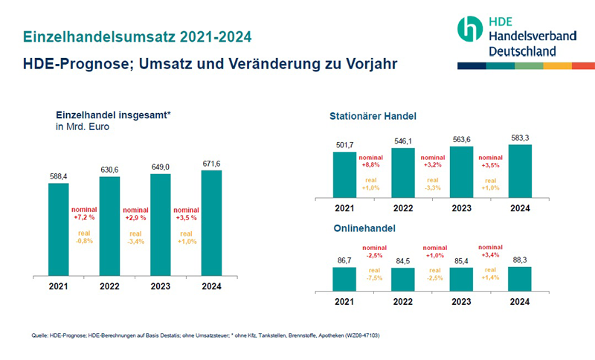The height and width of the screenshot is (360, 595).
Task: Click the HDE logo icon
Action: [471, 29]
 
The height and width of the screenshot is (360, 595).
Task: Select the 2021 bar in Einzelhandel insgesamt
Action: [58, 228]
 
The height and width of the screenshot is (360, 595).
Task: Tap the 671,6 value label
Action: [211, 162]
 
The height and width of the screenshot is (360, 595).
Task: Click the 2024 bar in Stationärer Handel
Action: [520, 170]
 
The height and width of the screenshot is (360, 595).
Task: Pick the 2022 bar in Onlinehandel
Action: [403, 277]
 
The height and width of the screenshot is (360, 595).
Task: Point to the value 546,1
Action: [403, 140]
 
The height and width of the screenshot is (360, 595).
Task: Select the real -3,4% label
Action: [135, 238]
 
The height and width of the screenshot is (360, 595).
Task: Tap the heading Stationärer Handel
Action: [373, 117]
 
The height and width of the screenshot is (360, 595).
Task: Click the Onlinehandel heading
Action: [363, 229]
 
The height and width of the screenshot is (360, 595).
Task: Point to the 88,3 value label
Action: [520, 260]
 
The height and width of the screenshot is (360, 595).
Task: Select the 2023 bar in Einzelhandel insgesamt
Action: [161, 224]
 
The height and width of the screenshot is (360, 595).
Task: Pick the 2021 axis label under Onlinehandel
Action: [344, 302]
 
